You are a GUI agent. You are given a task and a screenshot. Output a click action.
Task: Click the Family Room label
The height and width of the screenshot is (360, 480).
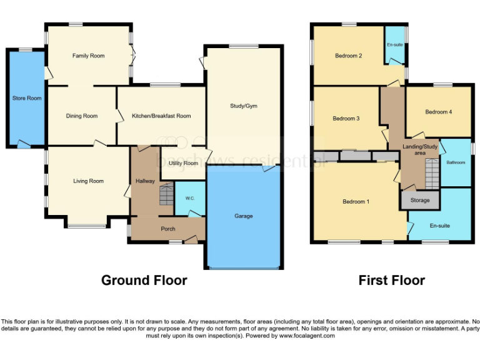coord(88,56)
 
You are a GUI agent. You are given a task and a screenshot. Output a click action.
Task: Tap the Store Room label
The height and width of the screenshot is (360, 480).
coord(27,98)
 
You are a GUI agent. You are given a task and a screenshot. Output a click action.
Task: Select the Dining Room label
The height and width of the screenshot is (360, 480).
coord(82,116)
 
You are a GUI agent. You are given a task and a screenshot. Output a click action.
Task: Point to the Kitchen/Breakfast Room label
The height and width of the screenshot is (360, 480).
coord(161,116)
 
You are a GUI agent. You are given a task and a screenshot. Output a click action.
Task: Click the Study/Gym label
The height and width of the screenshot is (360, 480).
coord(243,106)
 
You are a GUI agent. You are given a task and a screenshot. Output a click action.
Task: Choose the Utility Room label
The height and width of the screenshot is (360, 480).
coord(183,163)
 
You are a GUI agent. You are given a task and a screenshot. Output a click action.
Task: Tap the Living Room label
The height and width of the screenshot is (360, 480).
coord(88,181)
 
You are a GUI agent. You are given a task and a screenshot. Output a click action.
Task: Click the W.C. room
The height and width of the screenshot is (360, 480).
coord(190,199)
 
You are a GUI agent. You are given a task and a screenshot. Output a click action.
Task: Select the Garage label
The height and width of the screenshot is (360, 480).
coord(243,216)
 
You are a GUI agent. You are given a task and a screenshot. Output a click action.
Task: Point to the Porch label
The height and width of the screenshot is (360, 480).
coord(168,229)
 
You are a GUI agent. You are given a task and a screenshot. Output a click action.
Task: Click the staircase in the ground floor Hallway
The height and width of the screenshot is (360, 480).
coord(165,195)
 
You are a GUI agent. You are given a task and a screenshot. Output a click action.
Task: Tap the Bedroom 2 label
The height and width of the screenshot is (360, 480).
coord(349,56)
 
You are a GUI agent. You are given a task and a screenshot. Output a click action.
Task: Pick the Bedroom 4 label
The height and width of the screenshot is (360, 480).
coord(438,112)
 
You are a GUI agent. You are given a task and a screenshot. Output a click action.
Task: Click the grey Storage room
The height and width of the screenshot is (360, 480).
coord(420,201)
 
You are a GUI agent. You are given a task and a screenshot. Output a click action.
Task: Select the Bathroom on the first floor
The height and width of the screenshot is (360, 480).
coord(456,162)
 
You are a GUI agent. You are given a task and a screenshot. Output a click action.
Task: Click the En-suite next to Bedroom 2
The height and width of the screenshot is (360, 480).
coord(394,45)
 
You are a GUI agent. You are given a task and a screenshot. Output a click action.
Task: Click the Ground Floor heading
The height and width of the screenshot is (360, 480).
coord(144,280)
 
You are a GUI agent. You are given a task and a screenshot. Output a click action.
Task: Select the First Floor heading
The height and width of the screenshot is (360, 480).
coord(391,280)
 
